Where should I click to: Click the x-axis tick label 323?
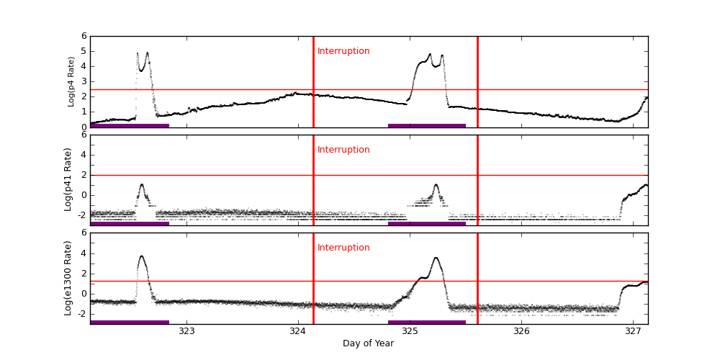coord(186,332)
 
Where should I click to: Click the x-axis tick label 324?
coord(298,332)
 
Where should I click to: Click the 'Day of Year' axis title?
coord(368,343)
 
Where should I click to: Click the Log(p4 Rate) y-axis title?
coord(71,81)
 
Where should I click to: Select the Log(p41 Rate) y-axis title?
coord(68,179)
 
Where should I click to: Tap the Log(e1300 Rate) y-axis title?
coord(68,278)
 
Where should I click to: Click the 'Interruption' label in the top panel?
coord(343,51)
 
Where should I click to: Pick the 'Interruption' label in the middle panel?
coord(343,150)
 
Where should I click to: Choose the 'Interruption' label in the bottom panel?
coord(343,248)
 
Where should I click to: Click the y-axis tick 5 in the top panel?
coord(84,51)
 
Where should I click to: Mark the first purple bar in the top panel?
coord(130,125)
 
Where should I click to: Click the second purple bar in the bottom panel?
coord(427,322)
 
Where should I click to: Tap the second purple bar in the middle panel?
coord(427,223)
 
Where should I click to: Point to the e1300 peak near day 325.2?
coord(436,258)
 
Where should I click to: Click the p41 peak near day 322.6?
coord(142,184)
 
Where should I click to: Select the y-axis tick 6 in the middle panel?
coord(84,135)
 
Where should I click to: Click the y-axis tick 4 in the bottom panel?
coord(84,253)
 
